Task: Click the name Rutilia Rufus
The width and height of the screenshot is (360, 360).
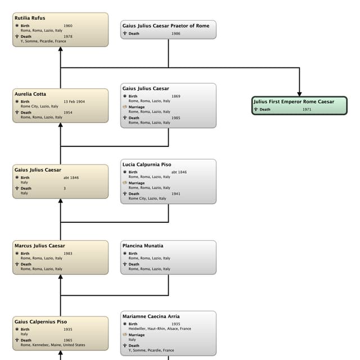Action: [30, 18]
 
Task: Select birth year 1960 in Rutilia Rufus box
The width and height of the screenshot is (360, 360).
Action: [67, 26]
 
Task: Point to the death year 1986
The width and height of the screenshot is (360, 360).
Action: [176, 34]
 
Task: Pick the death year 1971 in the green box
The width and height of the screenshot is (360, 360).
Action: [307, 110]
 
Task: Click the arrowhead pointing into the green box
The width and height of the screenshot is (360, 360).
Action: [299, 92]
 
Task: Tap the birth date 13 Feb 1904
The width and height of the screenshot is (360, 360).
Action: [74, 102]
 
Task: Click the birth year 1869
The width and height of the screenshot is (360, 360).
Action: [176, 96]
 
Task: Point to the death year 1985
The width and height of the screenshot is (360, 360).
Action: [176, 118]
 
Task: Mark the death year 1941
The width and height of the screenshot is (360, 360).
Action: [176, 194]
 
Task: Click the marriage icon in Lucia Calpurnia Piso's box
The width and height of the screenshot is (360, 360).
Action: [125, 183]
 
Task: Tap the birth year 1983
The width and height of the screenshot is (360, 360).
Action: [67, 254]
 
